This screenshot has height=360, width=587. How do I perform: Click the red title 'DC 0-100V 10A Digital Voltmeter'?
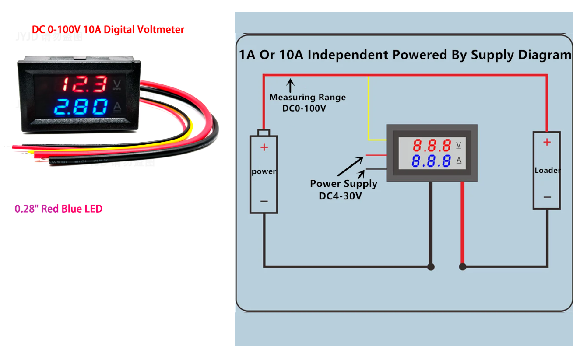click(x=108, y=30)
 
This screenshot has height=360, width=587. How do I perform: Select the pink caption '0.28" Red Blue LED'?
click(x=59, y=209)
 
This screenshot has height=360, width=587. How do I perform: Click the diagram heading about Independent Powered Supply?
click(x=404, y=55)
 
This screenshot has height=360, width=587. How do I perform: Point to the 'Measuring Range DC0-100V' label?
click(x=307, y=102)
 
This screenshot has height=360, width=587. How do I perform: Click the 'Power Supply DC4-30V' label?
click(x=344, y=189)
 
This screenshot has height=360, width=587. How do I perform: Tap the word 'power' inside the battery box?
click(x=264, y=171)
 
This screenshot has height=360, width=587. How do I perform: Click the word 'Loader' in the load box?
click(x=547, y=170)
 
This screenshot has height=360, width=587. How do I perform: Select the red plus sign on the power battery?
click(x=264, y=147)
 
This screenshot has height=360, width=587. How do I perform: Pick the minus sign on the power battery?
click(x=264, y=201)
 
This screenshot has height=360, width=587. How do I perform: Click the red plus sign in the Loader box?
click(x=547, y=142)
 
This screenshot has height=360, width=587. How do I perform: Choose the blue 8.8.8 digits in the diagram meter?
click(x=432, y=161)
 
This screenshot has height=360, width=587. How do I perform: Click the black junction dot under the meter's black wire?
click(x=431, y=266)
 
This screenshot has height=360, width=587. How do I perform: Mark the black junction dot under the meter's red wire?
click(x=462, y=266)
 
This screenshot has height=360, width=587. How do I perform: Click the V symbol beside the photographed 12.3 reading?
click(x=117, y=84)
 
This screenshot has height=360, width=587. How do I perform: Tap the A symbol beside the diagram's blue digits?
click(x=459, y=161)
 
